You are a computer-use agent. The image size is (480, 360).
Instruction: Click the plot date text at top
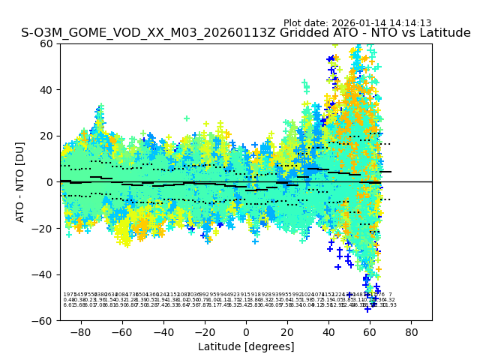click(x=357, y=23)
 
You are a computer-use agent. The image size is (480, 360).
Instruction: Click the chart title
click(x=246, y=34)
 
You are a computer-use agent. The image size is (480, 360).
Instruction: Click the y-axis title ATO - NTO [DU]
click(x=20, y=181)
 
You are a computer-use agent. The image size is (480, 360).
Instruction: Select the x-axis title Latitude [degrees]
click(x=246, y=346)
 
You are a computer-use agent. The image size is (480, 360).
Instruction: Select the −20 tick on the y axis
click(x=45, y=228)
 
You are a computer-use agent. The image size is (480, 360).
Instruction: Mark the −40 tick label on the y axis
click(x=45, y=274)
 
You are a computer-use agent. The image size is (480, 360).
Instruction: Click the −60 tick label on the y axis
click(x=45, y=320)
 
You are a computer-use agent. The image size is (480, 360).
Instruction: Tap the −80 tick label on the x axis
click(x=79, y=331)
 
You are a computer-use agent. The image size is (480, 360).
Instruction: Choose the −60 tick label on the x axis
click(x=121, y=331)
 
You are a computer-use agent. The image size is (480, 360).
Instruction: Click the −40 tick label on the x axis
click(x=162, y=331)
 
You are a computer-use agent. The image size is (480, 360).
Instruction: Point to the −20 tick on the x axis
click(x=204, y=331)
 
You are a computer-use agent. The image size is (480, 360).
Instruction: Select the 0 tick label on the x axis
click(x=246, y=331)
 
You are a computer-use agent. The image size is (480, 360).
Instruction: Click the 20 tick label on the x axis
click(x=287, y=331)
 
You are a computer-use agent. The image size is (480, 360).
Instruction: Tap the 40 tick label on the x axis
click(x=328, y=331)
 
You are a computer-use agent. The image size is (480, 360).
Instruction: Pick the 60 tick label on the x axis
click(x=370, y=331)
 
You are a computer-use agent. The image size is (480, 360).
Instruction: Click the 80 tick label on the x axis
click(x=412, y=331)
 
